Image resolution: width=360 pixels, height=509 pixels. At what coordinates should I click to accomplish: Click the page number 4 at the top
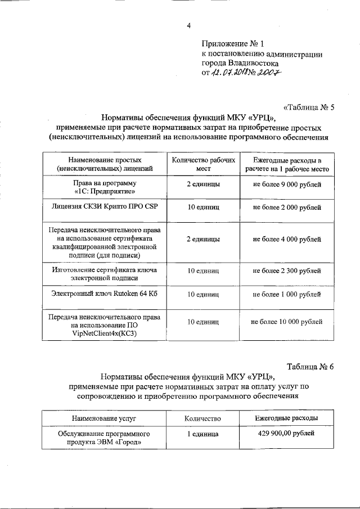click(189, 25)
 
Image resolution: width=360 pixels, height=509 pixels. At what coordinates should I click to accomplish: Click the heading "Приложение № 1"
click(232, 43)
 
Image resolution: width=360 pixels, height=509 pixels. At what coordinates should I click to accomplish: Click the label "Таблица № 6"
click(310, 366)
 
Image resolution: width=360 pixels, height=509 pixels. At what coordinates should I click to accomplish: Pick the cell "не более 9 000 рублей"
click(287, 184)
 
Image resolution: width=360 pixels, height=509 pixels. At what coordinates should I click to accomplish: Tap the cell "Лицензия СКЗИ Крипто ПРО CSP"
click(104, 208)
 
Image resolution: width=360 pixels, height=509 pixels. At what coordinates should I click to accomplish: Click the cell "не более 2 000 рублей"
click(287, 208)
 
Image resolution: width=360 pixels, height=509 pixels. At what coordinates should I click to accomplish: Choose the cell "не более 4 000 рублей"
click(287, 239)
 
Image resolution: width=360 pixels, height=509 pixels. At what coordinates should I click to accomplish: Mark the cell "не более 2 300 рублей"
click(287, 271)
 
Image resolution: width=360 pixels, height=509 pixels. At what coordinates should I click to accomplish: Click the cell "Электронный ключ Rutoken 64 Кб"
click(104, 294)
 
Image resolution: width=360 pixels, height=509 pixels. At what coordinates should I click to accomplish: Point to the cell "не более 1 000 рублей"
click(287, 294)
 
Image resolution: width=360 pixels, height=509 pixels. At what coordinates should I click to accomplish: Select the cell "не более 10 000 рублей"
click(287, 322)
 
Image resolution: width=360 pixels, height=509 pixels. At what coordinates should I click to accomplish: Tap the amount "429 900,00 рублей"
click(287, 434)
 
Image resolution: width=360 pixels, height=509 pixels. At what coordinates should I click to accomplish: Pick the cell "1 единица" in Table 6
click(203, 434)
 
